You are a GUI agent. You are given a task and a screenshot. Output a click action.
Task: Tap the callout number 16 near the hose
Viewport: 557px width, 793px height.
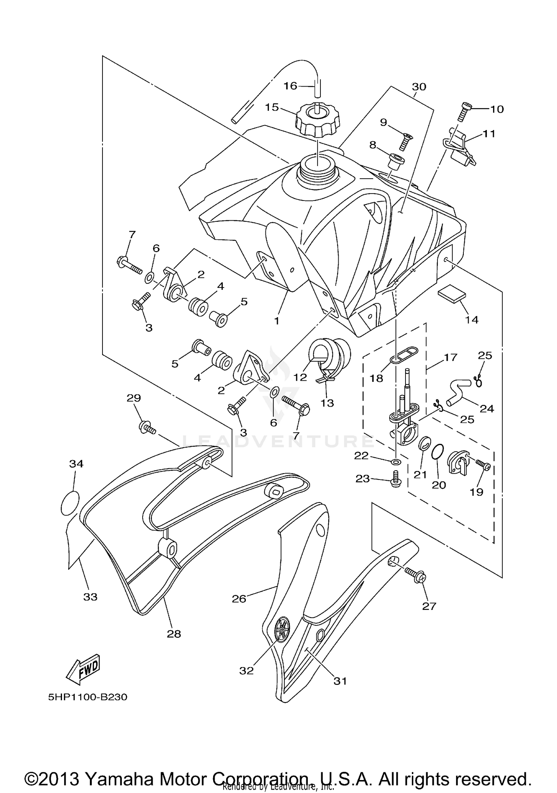[x=290, y=86]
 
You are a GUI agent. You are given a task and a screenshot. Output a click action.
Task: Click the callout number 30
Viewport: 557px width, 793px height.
[x=419, y=87]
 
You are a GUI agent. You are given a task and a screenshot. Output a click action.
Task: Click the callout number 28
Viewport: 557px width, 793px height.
[x=173, y=634]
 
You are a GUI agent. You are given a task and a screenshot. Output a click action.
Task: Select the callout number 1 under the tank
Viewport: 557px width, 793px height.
[x=276, y=321]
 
